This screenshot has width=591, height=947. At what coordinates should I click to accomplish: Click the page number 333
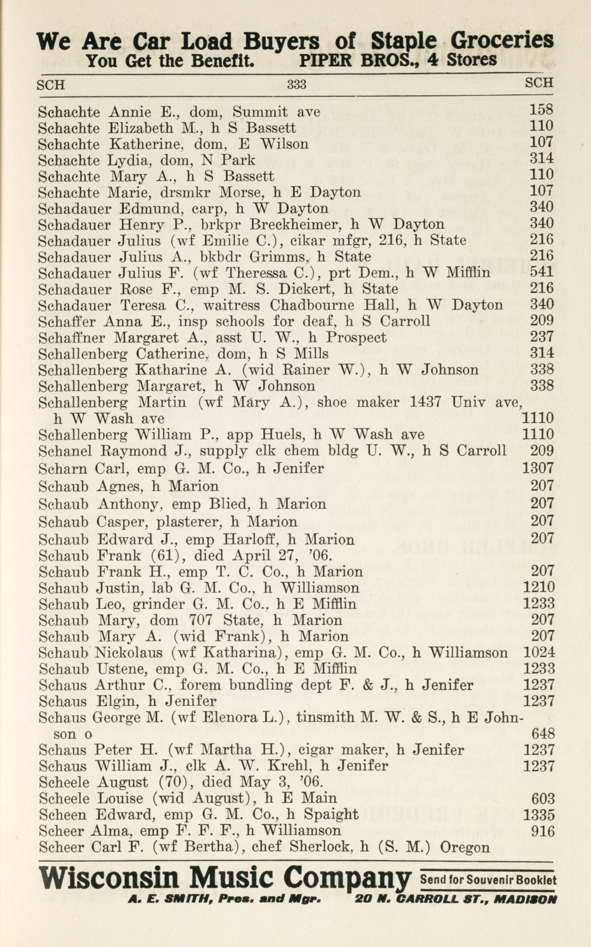click(297, 84)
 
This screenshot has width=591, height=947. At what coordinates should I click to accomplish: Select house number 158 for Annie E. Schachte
click(541, 109)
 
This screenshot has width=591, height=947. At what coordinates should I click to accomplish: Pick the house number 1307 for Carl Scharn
click(538, 468)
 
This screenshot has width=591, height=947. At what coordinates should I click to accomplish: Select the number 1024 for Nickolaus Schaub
click(538, 653)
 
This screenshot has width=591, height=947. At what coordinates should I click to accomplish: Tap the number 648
click(543, 734)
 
